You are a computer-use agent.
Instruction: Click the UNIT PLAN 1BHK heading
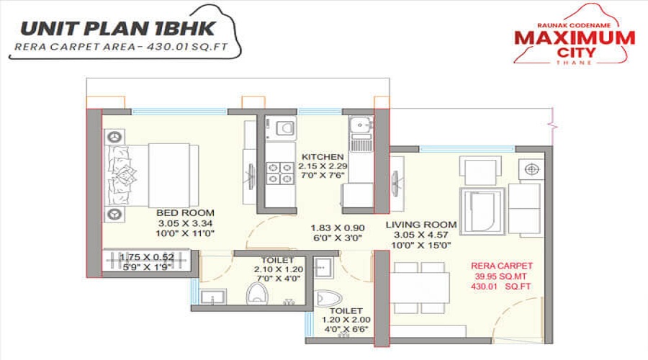pyautogui.click(x=122, y=30)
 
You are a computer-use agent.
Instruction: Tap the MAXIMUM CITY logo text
pyautogui.click(x=575, y=44)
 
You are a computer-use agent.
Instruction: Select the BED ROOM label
pyautogui.click(x=186, y=213)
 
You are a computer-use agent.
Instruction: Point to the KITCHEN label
pyautogui.click(x=323, y=157)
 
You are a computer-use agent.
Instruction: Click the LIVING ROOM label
pyautogui.click(x=418, y=225)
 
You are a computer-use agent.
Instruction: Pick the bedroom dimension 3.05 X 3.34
pyautogui.click(x=186, y=223)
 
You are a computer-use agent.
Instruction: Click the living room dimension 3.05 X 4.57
pyautogui.click(x=418, y=235)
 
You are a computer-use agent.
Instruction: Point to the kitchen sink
pyautogui.click(x=360, y=130)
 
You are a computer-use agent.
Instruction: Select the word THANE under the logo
pyautogui.click(x=574, y=63)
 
